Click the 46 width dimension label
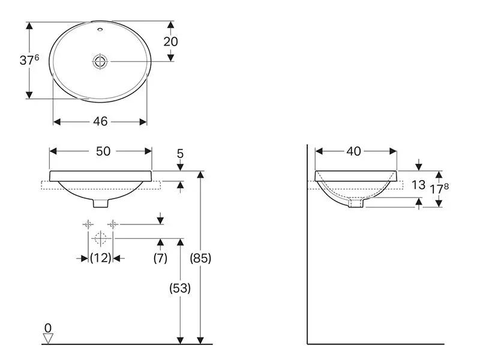(100, 122)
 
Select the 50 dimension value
(103, 151)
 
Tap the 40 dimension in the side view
(353, 151)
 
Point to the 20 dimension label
(170, 41)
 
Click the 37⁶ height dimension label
(29, 60)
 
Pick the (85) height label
(200, 259)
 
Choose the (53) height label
(180, 288)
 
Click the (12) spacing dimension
(100, 258)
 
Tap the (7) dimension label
(160, 258)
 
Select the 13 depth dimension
(418, 185)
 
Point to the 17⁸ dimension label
(440, 189)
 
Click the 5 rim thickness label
(180, 154)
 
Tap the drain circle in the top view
(100, 62)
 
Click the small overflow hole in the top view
(100, 30)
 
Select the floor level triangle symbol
(48, 338)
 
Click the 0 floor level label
(48, 328)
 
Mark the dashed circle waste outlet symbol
(100, 238)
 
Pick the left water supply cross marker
(88, 224)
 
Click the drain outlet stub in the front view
(100, 203)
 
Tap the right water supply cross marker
(113, 224)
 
